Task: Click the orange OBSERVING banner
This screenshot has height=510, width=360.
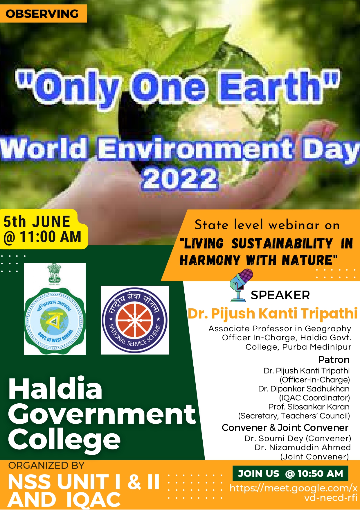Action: pyautogui.click(x=43, y=13)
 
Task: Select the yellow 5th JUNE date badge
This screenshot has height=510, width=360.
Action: pyautogui.click(x=44, y=229)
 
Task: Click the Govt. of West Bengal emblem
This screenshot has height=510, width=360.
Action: pyautogui.click(x=55, y=309)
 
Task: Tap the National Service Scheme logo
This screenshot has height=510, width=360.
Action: pyautogui.click(x=135, y=320)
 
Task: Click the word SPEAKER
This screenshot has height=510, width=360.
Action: pyautogui.click(x=280, y=295)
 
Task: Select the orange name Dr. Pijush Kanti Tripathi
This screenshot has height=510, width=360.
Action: pyautogui.click(x=273, y=314)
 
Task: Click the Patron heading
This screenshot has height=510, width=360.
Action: pyautogui.click(x=334, y=360)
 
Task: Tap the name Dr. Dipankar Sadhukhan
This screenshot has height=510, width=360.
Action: pyautogui.click(x=304, y=389)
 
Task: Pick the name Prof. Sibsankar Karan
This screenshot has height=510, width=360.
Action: pyautogui.click(x=309, y=407)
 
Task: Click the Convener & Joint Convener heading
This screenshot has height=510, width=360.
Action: pyautogui.click(x=285, y=428)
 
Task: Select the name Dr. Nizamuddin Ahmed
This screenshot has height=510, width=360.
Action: pyautogui.click(x=303, y=448)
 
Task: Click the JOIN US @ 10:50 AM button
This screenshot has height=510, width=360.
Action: pyautogui.click(x=290, y=474)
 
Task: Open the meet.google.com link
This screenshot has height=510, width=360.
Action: pyautogui.click(x=294, y=493)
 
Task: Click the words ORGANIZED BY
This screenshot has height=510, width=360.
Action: pyautogui.click(x=46, y=466)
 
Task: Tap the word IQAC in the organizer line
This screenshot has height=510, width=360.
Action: pyautogui.click(x=93, y=500)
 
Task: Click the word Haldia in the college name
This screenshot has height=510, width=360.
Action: pyautogui.click(x=55, y=389)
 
